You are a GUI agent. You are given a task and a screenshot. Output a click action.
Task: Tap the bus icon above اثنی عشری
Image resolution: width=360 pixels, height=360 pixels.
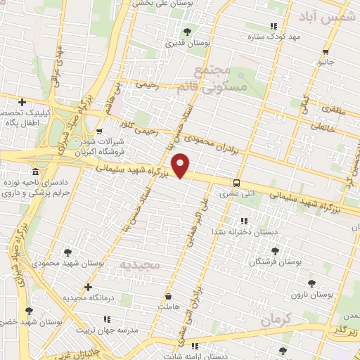click(236, 180)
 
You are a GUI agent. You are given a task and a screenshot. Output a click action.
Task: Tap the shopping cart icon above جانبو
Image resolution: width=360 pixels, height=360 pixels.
click(326, 52)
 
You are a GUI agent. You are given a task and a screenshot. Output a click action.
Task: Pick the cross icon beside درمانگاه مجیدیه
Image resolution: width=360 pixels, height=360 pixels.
click(88, 287)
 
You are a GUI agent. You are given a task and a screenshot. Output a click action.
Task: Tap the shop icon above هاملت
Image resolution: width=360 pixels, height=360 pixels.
click(169, 297)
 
